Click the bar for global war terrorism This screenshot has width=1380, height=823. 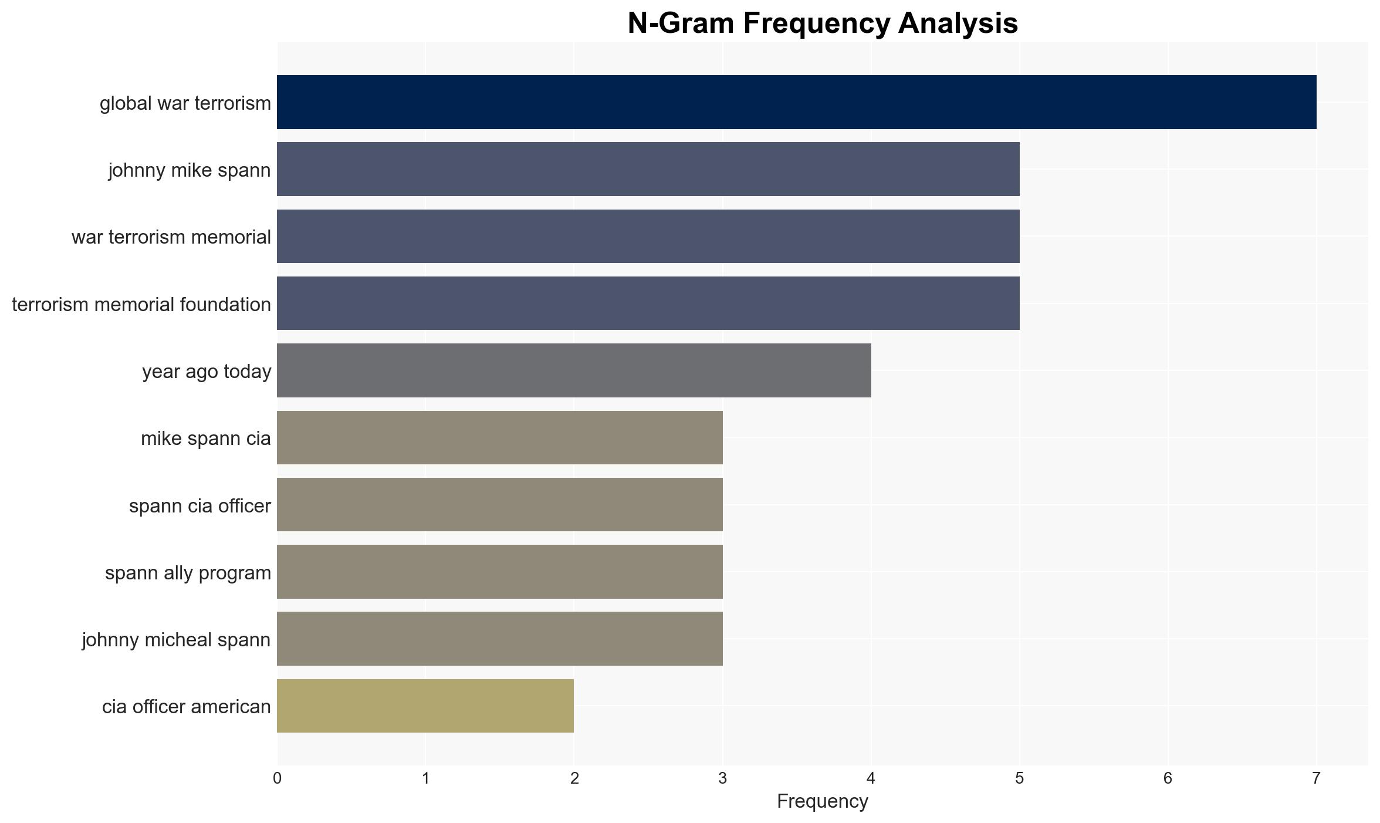tap(796, 102)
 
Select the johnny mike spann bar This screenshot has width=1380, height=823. tap(648, 169)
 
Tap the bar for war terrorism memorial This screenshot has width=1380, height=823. tap(648, 236)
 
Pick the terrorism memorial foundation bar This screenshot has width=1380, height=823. tap(648, 303)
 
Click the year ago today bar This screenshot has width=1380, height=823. tap(574, 370)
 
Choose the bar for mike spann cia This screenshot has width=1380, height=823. tap(500, 437)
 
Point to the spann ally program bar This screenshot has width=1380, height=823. tap(500, 572)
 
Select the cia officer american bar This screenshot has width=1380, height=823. tap(425, 706)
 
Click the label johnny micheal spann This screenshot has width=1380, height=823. tap(176, 639)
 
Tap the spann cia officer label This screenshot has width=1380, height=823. tap(200, 505)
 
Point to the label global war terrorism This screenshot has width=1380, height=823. tap(185, 103)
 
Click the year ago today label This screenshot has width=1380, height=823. tap(207, 372)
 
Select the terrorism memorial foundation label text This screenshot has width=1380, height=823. tap(141, 305)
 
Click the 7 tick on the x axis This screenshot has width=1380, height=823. tap(1317, 778)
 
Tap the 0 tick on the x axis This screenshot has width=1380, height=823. tap(277, 778)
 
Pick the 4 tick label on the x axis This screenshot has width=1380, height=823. tap(871, 778)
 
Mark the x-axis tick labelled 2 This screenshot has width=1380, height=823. tap(574, 778)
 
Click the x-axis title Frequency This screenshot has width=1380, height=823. tap(823, 801)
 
